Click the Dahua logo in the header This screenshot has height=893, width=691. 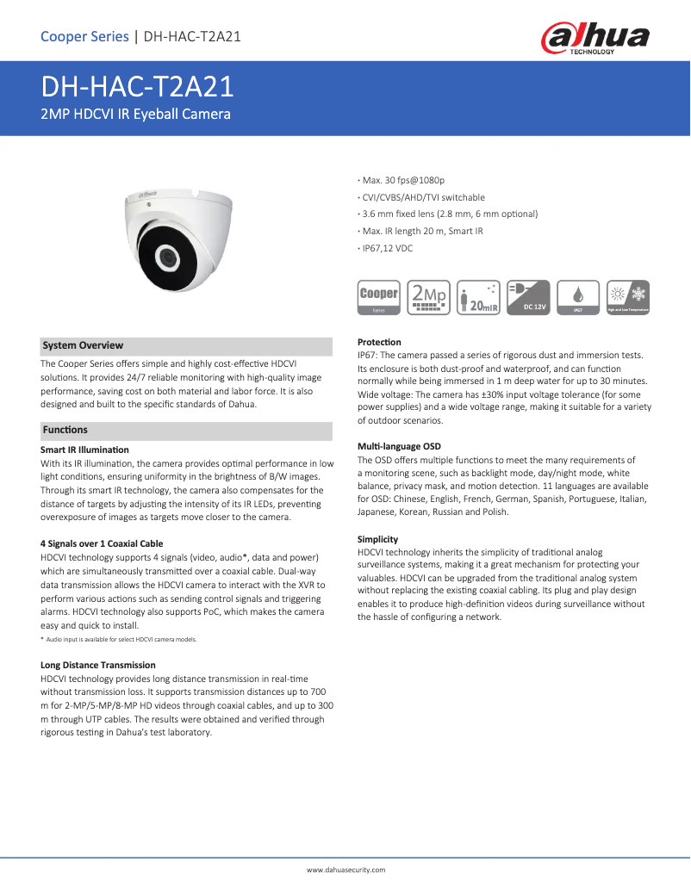(595, 38)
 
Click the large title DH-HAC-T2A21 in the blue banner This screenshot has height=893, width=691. (138, 88)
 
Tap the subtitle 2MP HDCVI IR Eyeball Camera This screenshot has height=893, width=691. (135, 114)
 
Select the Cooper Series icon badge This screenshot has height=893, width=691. (379, 297)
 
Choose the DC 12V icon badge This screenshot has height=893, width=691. (529, 297)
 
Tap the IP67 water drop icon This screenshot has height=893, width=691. (578, 297)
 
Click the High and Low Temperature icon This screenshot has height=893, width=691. (628, 297)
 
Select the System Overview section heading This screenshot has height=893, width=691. (83, 345)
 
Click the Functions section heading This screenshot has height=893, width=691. (65, 430)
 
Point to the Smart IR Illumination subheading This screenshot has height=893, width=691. (84, 450)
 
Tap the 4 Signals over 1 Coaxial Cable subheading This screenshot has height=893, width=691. (102, 543)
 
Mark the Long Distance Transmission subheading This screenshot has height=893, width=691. (98, 665)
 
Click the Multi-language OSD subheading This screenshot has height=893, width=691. (399, 446)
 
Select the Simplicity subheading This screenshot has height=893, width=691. (380, 537)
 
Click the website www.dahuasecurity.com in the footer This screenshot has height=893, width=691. (346, 871)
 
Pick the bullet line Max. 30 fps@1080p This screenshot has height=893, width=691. (403, 180)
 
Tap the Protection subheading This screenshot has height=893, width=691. (379, 342)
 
